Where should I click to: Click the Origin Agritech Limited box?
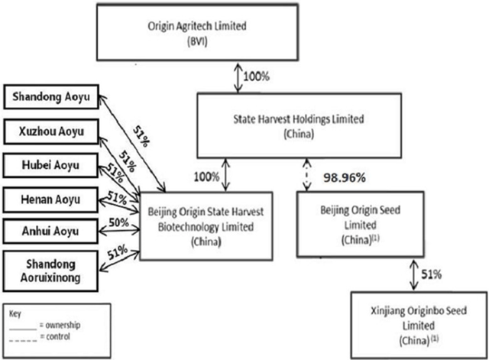click(197, 32)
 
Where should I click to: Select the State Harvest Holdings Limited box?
click(299, 125)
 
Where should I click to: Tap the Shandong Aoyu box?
click(51, 97)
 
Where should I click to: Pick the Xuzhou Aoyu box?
click(51, 131)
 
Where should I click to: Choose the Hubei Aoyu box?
click(50, 165)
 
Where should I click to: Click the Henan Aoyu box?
click(50, 199)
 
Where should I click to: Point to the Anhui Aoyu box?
click(50, 231)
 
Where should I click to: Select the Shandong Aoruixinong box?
click(50, 271)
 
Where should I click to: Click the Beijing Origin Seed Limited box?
click(360, 225)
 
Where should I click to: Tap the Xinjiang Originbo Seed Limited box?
click(419, 325)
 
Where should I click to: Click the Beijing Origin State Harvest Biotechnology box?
click(206, 226)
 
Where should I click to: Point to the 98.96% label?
click(345, 178)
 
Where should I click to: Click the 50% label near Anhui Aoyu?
click(119, 222)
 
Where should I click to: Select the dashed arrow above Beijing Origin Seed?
click(307, 175)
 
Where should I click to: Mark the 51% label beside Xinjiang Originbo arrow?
click(431, 274)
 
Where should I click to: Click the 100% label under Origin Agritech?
click(257, 76)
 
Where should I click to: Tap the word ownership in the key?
click(63, 325)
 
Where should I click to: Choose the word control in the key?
click(58, 336)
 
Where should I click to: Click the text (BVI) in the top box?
click(197, 41)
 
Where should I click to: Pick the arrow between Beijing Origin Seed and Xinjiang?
click(414, 274)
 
